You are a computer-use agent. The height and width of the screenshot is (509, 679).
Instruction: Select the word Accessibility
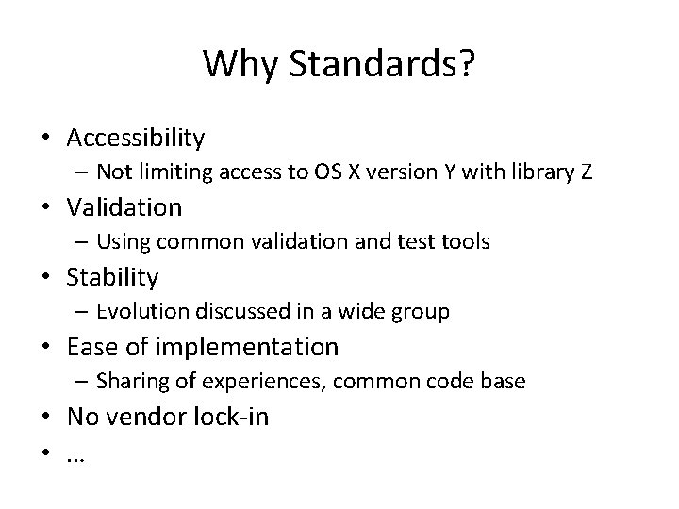click(x=136, y=138)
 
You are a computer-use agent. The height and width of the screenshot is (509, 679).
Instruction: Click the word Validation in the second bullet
click(x=124, y=206)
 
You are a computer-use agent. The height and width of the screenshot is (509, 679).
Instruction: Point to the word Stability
click(x=112, y=277)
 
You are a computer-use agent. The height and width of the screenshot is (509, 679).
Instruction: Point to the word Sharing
click(x=130, y=382)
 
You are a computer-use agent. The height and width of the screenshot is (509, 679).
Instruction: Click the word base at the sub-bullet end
click(x=507, y=382)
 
